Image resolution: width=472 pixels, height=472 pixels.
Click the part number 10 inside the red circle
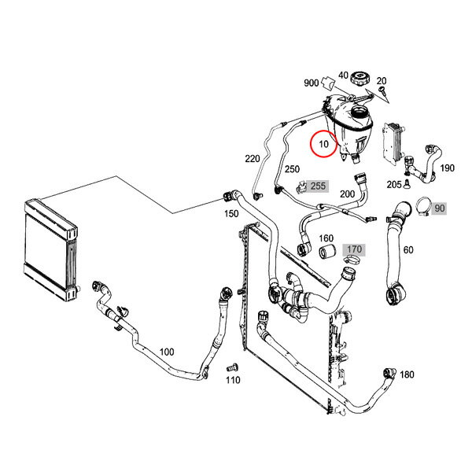(x=323, y=145)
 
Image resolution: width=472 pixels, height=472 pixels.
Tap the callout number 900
(x=311, y=83)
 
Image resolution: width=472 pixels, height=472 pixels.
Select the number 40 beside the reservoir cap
(x=343, y=76)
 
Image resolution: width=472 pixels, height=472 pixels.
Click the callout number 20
(x=382, y=81)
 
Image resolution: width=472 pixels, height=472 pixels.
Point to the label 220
(x=252, y=159)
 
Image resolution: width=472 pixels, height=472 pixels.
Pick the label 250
(x=292, y=169)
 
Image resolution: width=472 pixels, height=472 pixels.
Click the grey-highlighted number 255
(x=317, y=186)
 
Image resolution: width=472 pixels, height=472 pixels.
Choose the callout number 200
(x=347, y=194)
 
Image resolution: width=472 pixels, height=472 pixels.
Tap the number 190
(x=447, y=168)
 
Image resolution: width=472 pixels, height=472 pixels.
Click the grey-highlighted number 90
(x=439, y=208)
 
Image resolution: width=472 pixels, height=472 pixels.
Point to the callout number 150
(x=231, y=213)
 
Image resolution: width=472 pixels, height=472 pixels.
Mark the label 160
(x=326, y=238)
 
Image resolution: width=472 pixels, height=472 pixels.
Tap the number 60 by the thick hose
(x=407, y=250)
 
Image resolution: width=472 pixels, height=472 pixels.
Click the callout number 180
(x=407, y=374)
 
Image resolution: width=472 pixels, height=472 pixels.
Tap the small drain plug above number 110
(x=231, y=367)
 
